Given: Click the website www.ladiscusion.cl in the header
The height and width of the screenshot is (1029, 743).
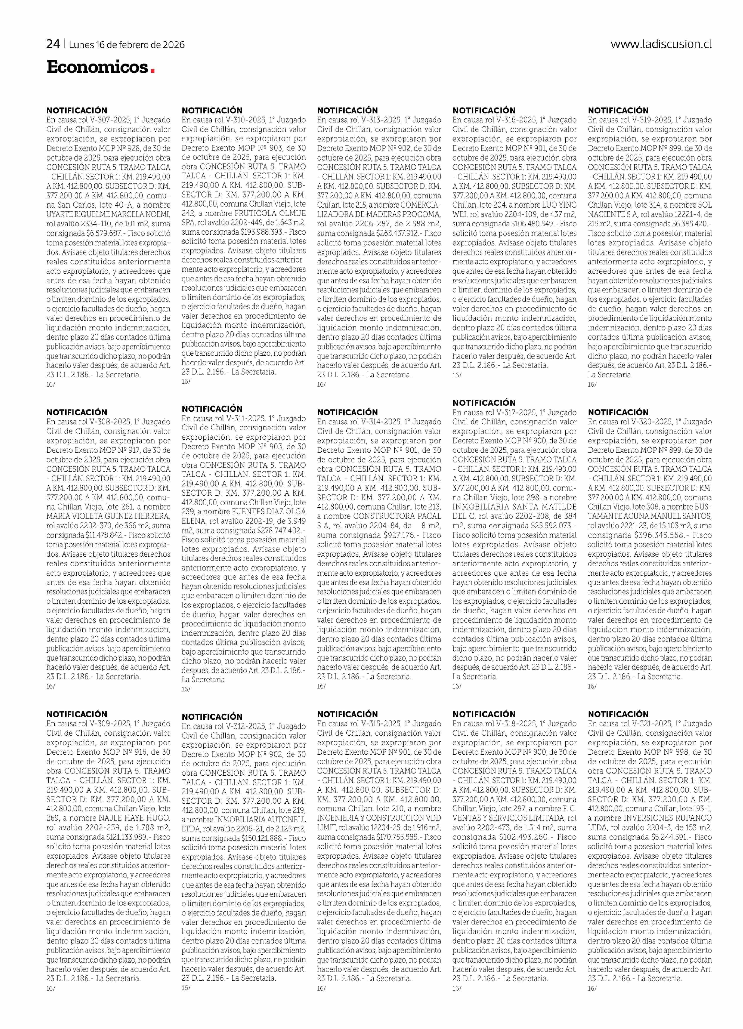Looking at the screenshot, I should pyautogui.click(x=660, y=44).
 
